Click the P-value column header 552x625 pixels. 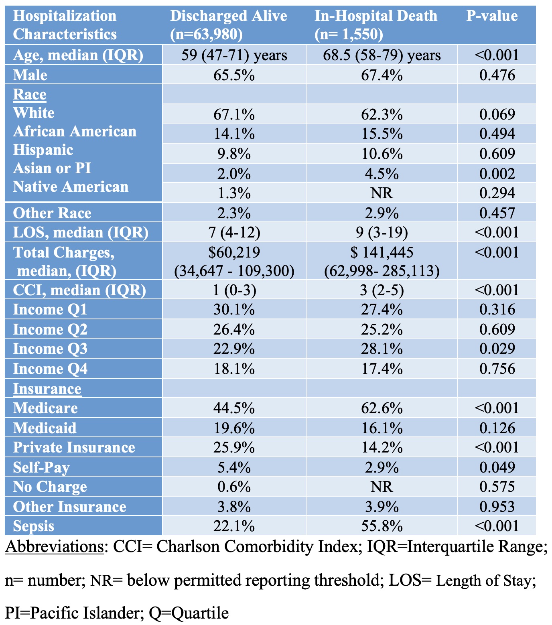[x=492, y=16]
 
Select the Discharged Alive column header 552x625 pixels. [x=228, y=25]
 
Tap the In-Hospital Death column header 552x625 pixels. [x=375, y=25]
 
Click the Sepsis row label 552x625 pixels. [x=34, y=526]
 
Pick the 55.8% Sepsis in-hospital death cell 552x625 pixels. [x=382, y=526]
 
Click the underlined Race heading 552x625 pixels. [x=30, y=94]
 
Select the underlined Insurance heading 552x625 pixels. [x=47, y=389]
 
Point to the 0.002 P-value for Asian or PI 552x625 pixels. [x=497, y=174]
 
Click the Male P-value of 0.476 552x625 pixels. [x=497, y=75]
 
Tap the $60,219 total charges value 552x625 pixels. [x=234, y=252]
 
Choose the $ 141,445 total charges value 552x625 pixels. [x=382, y=252]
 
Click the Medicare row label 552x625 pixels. [x=45, y=408]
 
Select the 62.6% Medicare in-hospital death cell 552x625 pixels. [x=382, y=408]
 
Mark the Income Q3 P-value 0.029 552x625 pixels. [x=497, y=349]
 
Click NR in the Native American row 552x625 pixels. [x=382, y=193]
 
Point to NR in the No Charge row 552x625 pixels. [x=382, y=487]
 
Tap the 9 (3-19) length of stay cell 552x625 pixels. [x=382, y=232]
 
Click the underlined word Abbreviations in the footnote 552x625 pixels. [x=55, y=546]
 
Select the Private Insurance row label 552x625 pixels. [x=74, y=447]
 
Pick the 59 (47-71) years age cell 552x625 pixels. [x=234, y=55]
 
